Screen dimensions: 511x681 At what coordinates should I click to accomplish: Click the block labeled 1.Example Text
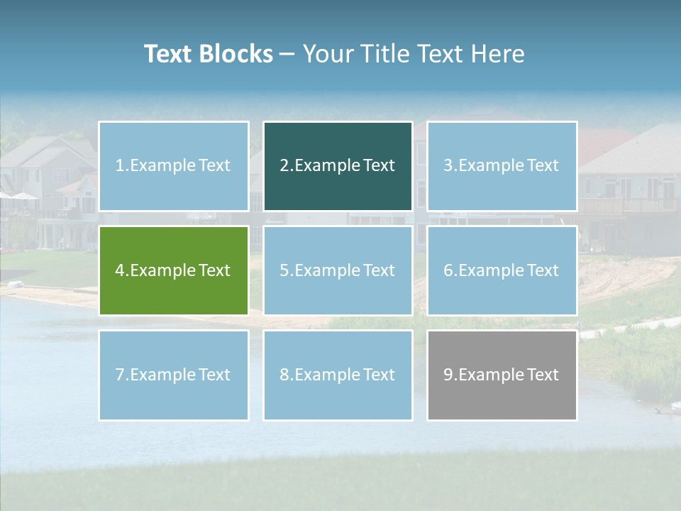[174, 166]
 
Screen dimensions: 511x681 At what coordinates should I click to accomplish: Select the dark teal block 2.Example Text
[338, 166]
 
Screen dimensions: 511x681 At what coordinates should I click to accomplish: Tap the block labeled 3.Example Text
[502, 166]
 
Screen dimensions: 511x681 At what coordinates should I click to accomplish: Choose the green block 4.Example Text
[174, 270]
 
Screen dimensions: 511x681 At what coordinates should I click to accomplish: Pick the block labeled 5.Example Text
[338, 270]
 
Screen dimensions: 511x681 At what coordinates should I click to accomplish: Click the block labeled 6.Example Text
[502, 270]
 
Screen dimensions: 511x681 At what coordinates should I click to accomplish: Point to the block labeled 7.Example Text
[174, 375]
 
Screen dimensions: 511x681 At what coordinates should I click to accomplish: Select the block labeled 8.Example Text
[338, 375]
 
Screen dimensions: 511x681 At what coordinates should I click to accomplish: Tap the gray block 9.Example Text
[502, 375]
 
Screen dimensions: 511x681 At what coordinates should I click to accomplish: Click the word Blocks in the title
[236, 54]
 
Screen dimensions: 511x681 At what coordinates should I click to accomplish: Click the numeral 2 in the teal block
[284, 165]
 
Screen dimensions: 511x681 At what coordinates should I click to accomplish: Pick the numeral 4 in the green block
[120, 270]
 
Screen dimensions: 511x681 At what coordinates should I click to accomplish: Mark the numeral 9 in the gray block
[448, 375]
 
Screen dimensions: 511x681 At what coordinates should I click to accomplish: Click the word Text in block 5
[378, 270]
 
